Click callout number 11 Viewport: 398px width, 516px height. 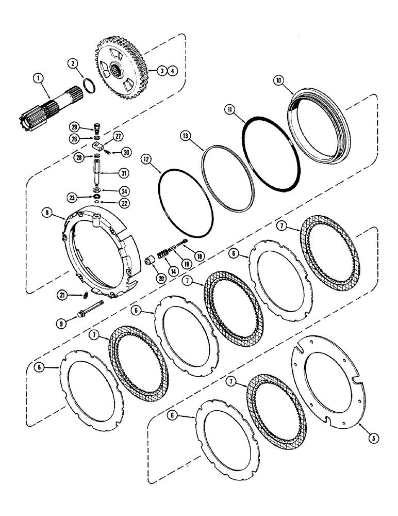pos(229,110)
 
